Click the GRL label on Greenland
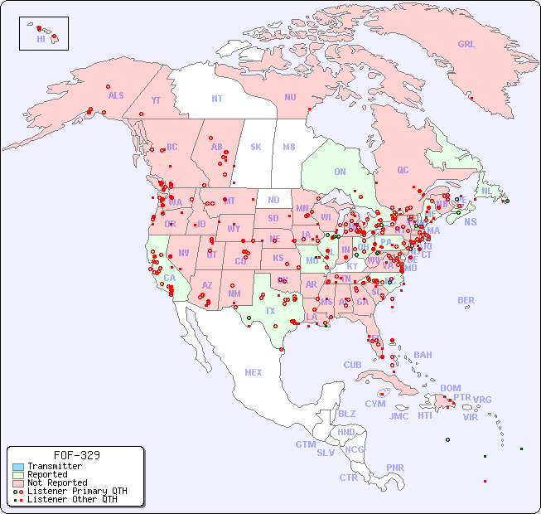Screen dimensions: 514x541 tap(466, 44)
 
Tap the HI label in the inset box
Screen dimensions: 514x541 tap(41, 38)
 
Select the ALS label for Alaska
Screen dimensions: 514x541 tap(116, 95)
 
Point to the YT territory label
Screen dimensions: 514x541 tap(156, 100)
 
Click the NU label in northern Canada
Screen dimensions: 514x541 tap(290, 97)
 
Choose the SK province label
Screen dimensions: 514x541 tap(256, 147)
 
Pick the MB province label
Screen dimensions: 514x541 tap(288, 147)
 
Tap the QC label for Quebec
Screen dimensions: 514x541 tap(403, 170)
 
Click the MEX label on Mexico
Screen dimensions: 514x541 tap(254, 372)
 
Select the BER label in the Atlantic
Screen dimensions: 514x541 tap(466, 300)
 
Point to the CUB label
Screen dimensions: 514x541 tap(352, 365)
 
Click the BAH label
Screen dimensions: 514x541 tap(423, 355)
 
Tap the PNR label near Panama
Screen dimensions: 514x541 tap(395, 468)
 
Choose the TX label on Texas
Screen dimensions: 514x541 tap(270, 311)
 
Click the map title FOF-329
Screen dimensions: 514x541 tap(76, 455)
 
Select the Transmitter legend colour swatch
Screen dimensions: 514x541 tap(18, 467)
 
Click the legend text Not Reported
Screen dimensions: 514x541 tap(57, 482)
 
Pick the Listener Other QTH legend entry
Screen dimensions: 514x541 tap(66, 498)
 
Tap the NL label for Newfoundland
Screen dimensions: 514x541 tap(486, 190)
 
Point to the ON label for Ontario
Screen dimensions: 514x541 tap(340, 172)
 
